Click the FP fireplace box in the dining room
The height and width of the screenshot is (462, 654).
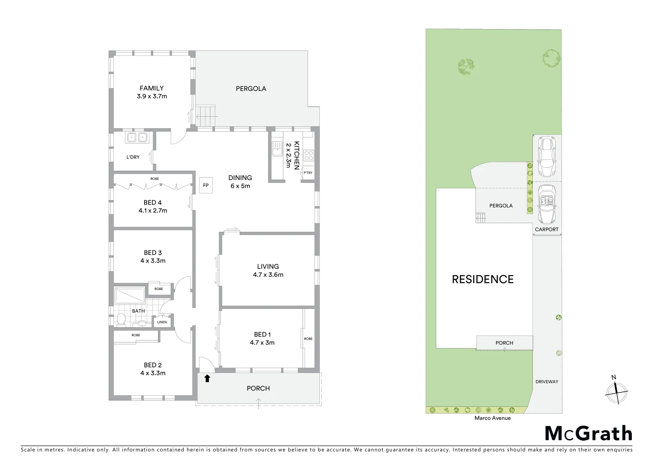pos(205,186)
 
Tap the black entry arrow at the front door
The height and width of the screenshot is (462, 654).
pos(207,378)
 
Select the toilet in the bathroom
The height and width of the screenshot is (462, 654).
pos(121,319)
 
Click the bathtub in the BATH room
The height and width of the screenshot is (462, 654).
pos(130,295)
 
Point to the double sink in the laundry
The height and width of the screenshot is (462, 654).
pos(137,138)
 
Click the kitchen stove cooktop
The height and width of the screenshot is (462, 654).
pos(309,155)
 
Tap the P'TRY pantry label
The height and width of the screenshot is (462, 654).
pos(308,173)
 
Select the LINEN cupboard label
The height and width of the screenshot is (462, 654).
pos(162,322)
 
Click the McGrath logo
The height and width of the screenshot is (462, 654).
pos(588,433)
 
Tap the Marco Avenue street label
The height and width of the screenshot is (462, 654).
pos(492,418)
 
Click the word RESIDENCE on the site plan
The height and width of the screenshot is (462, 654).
pos(483,279)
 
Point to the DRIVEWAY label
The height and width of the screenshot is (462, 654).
pos(547,382)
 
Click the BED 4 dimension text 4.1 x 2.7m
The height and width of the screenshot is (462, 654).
pos(153,210)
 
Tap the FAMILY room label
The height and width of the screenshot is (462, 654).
pos(152,89)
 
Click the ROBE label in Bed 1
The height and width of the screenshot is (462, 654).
pos(308,339)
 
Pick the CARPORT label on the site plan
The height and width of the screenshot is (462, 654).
pos(547,229)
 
